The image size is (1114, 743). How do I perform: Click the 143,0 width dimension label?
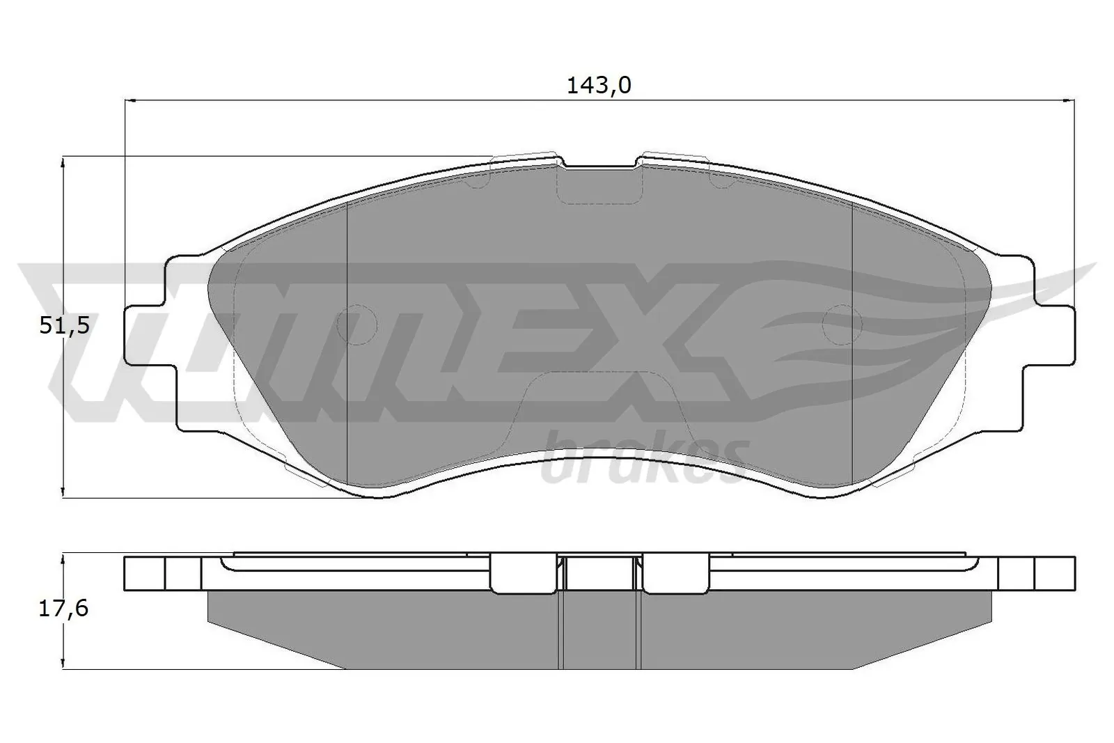coord(598,86)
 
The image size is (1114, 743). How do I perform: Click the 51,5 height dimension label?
coord(64,325)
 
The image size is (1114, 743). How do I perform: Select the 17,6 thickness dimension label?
coord(64,609)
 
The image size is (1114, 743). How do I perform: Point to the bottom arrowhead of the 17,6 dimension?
coord(63,664)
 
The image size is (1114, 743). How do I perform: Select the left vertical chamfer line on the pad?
coord(346,348)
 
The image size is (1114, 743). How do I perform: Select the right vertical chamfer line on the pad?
coord(852,348)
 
